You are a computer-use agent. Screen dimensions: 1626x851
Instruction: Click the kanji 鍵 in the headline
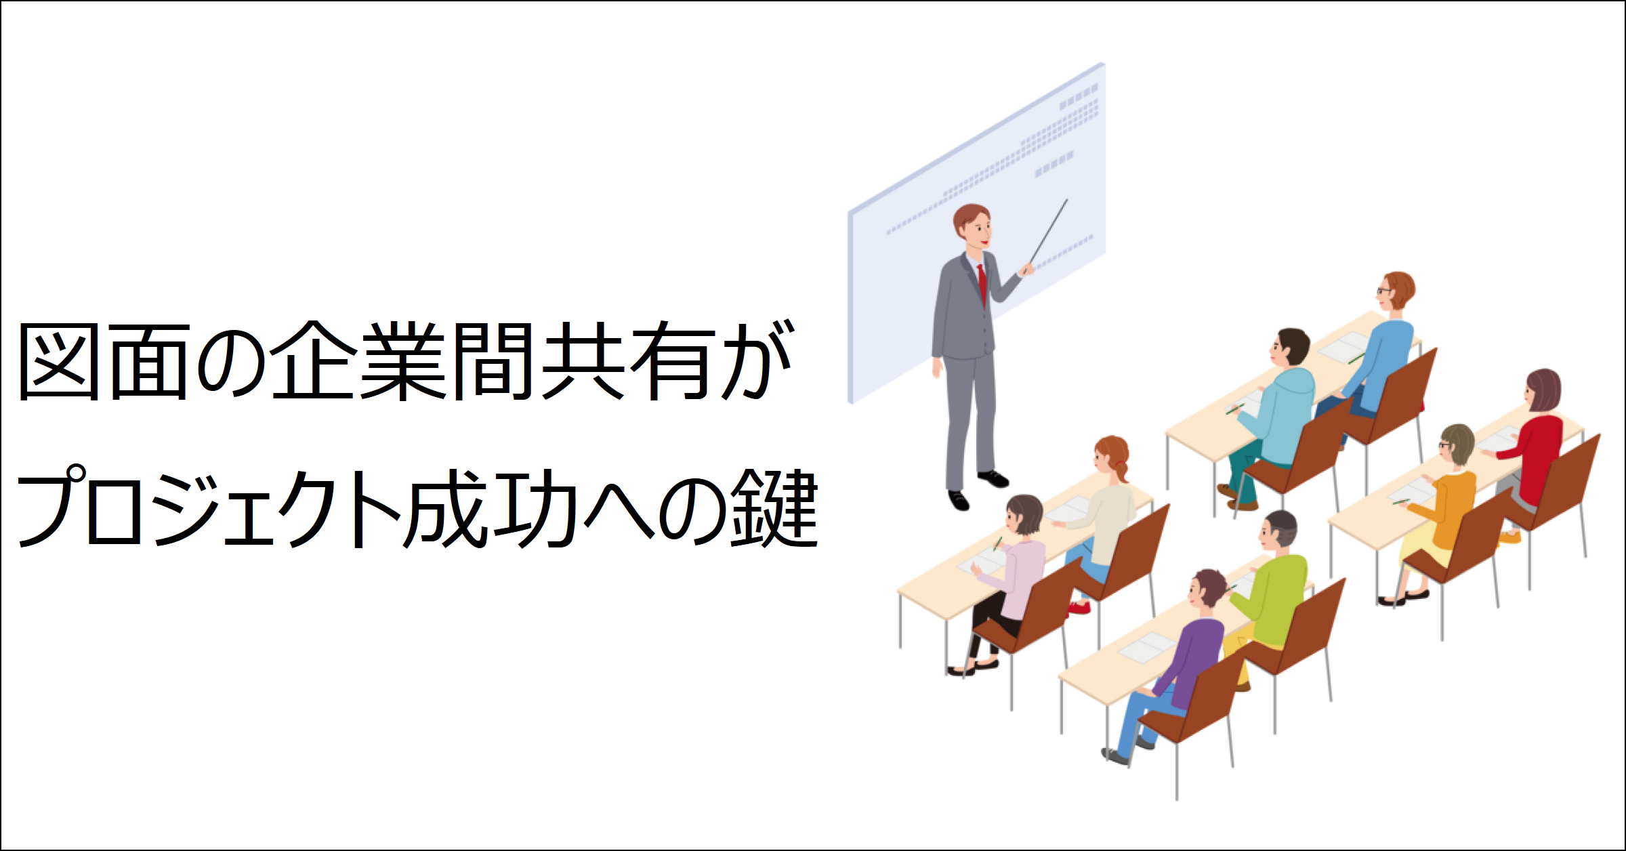(774, 508)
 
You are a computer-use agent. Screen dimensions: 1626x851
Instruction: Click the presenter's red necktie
(982, 285)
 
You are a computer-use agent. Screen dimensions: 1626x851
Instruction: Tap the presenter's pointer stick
(1049, 230)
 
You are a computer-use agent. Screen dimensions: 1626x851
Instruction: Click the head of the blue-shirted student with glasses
(1397, 291)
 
